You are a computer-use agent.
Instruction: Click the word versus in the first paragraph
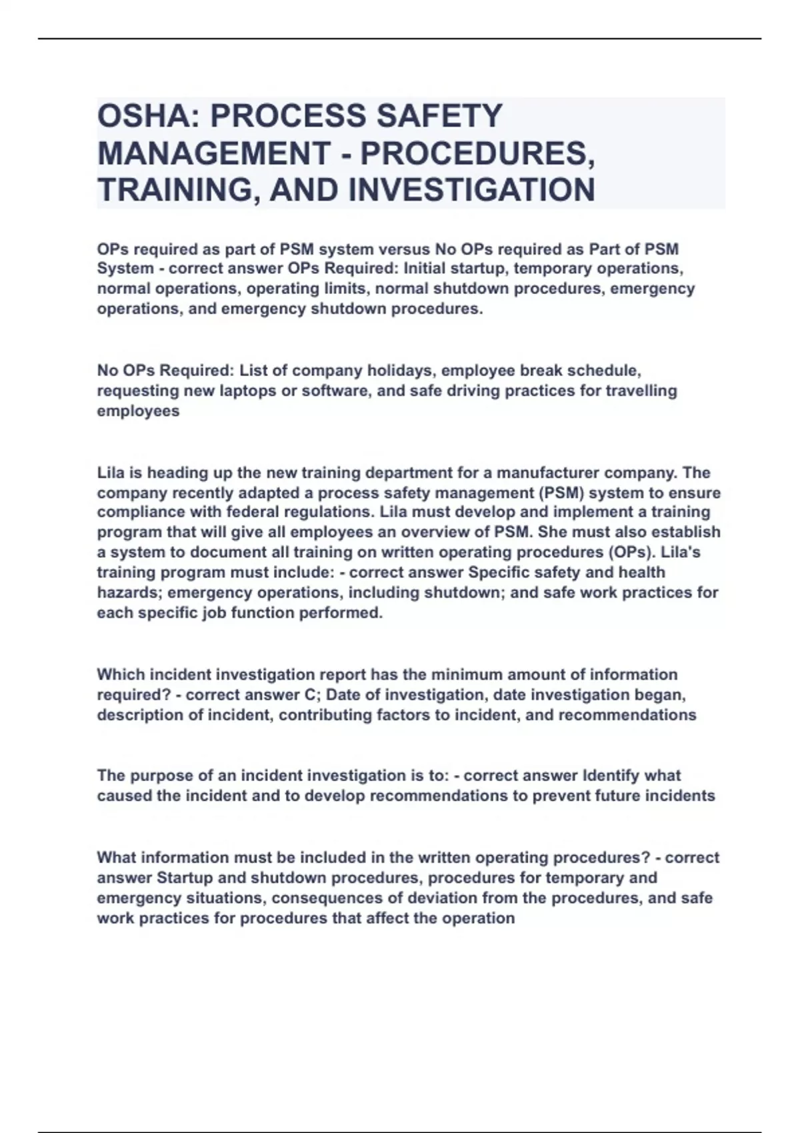404,249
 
